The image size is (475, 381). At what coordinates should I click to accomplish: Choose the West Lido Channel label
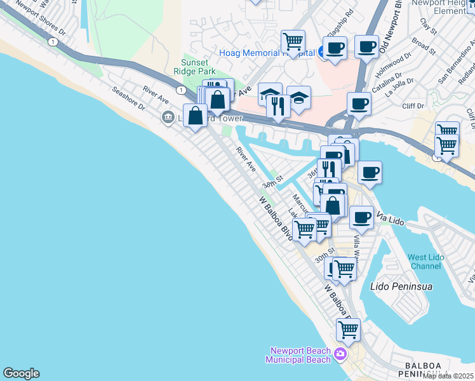pos(424,262)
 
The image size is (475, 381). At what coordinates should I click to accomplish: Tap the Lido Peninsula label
pos(401,286)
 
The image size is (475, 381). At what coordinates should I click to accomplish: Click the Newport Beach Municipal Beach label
pos(300,355)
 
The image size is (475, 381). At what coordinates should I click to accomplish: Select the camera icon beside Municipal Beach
pos(340,354)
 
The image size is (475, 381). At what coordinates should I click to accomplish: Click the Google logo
pos(21,373)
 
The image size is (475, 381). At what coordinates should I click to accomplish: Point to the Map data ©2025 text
pos(448,376)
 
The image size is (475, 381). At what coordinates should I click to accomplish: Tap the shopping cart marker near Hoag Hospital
pos(293,42)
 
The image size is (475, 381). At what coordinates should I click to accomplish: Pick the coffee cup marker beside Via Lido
pos(361,217)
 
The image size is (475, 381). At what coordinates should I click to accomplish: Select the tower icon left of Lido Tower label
pos(168,116)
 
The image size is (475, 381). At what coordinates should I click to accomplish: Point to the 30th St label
pos(324,257)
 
